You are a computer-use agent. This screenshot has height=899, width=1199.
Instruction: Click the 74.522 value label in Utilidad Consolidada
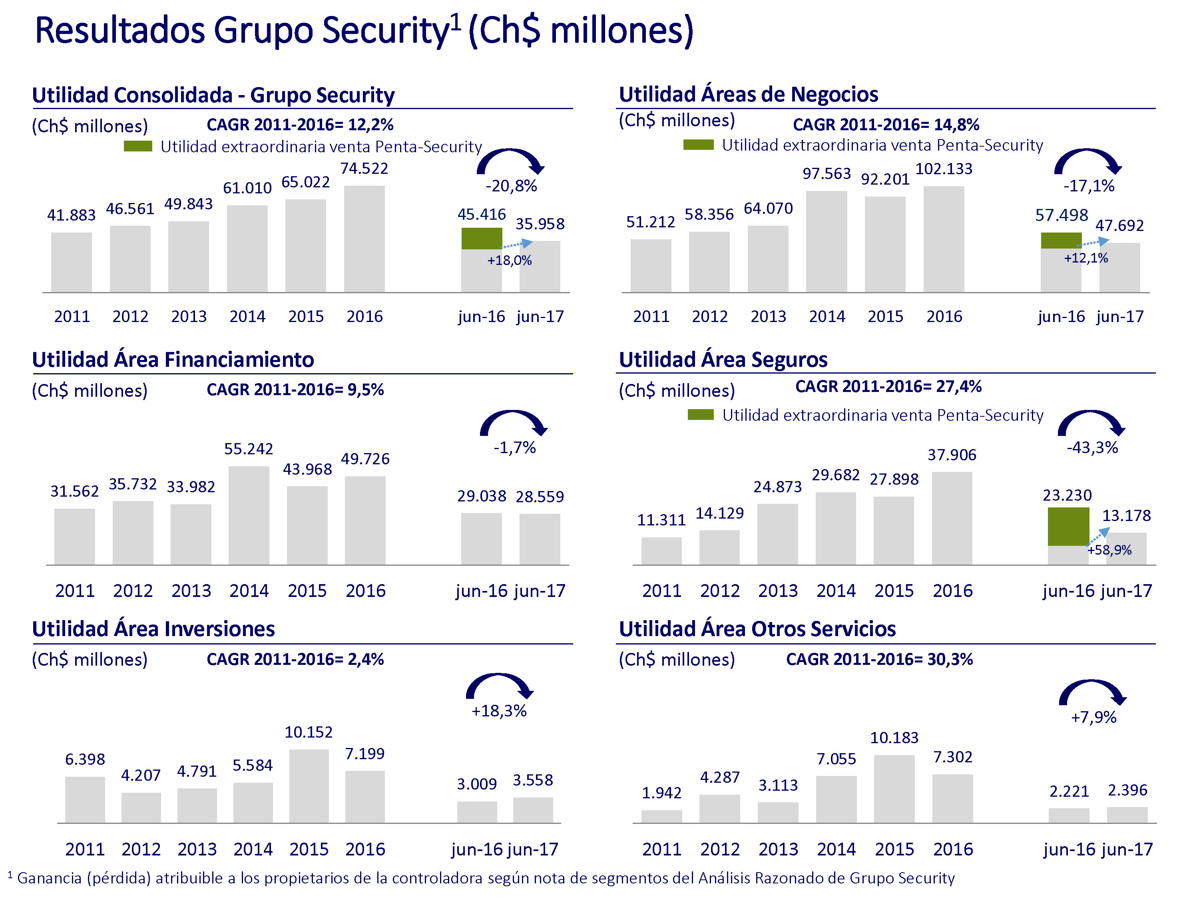pyautogui.click(x=364, y=169)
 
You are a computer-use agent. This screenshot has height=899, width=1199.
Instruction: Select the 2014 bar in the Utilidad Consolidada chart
pyautogui.click(x=247, y=249)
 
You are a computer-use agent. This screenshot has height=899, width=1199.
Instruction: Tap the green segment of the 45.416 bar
pyautogui.click(x=481, y=239)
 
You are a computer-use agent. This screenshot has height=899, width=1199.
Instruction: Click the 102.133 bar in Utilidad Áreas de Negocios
pyautogui.click(x=943, y=239)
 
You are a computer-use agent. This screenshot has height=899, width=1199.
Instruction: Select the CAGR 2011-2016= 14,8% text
pyautogui.click(x=885, y=125)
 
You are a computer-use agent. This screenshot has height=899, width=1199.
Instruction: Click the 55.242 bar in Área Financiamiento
pyautogui.click(x=249, y=515)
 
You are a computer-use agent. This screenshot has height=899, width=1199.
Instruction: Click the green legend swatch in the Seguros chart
pyautogui.click(x=700, y=415)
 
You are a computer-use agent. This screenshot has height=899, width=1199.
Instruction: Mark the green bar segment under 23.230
pyautogui.click(x=1068, y=526)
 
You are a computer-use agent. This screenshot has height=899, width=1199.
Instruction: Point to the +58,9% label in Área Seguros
pyautogui.click(x=1109, y=550)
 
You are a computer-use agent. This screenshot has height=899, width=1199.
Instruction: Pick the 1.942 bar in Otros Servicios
pyautogui.click(x=661, y=817)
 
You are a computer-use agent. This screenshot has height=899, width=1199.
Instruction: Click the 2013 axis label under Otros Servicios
pyautogui.click(x=778, y=849)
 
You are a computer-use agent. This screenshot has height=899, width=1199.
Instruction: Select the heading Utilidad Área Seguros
pyautogui.click(x=723, y=360)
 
